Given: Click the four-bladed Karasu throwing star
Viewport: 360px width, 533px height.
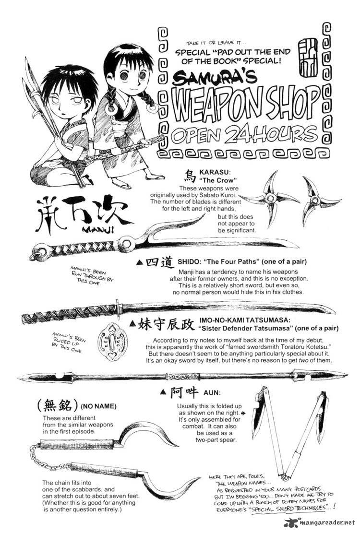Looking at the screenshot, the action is pyautogui.click(x=271, y=198).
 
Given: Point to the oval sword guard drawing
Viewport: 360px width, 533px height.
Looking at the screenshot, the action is pyautogui.click(x=112, y=341).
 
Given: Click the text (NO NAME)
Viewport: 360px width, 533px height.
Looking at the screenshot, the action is pyautogui.click(x=98, y=406).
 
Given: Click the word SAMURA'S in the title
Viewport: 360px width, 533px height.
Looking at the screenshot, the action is pyautogui.click(x=215, y=79).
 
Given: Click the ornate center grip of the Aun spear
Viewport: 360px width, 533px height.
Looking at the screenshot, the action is pyautogui.click(x=182, y=377).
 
